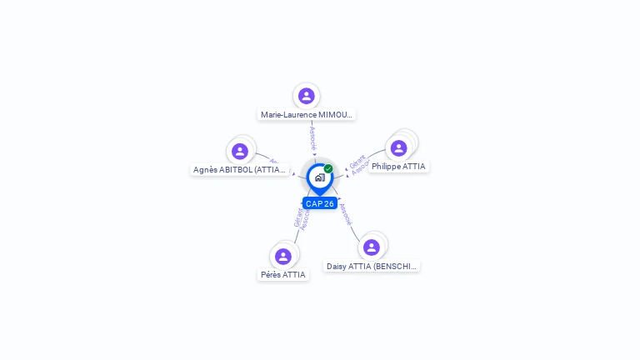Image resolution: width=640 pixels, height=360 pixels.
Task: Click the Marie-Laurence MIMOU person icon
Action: [307, 96]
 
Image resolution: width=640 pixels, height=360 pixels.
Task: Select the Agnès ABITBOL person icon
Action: [240, 151]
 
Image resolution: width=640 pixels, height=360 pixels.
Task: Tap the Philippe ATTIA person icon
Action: [398, 147]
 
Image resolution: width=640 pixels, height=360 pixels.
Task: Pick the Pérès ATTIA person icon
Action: [283, 256]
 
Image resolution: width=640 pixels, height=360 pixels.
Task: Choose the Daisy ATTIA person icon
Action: [372, 247]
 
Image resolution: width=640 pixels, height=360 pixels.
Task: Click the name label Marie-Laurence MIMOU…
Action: [307, 115]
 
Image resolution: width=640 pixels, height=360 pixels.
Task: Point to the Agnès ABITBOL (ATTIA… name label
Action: [240, 170]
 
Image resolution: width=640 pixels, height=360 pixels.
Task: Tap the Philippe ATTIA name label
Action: [398, 167]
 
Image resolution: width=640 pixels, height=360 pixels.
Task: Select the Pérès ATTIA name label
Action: [283, 275]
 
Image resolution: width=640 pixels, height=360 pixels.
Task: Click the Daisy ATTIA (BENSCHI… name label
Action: [372, 267]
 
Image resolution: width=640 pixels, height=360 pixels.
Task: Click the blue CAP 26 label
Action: [320, 203]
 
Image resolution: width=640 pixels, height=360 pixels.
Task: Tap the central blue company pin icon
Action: [319, 177]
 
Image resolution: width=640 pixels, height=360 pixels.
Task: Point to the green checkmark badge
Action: [328, 169]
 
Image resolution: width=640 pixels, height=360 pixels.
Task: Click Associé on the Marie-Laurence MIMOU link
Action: [312, 138]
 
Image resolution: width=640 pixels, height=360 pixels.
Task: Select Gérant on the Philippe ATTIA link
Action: [357, 161]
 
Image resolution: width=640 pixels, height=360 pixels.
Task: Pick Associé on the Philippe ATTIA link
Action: [361, 167]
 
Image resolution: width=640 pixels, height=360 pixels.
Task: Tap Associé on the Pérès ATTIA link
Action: [305, 219]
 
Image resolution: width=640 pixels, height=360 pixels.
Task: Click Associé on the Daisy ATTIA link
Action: [345, 214]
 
